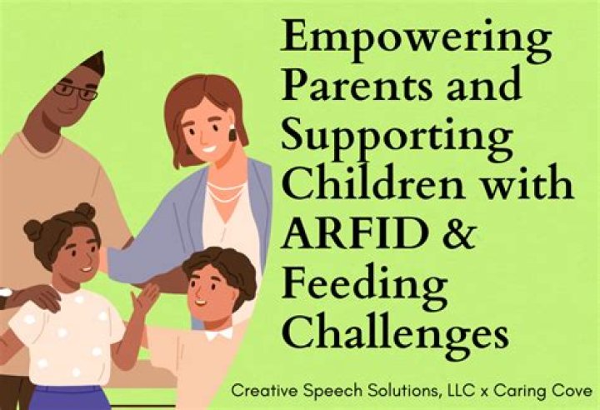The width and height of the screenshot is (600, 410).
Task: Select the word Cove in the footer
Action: (x=574, y=390)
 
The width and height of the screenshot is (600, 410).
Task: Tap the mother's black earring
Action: (x=232, y=132)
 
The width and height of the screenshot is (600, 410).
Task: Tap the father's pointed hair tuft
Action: (x=96, y=62)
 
